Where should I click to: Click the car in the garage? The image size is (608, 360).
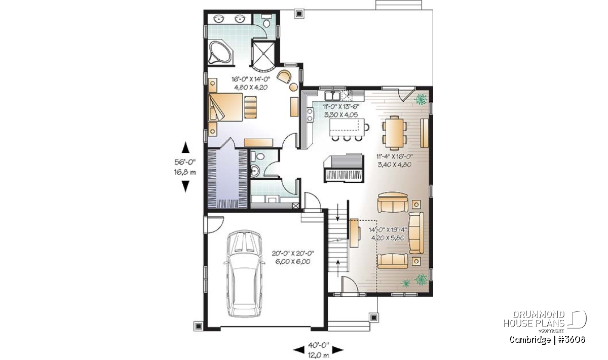(244, 274)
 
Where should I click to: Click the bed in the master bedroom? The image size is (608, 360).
(225, 107)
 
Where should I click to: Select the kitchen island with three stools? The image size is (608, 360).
(349, 130)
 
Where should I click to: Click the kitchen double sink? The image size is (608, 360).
(332, 96)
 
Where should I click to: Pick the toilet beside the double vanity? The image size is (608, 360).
(266, 21)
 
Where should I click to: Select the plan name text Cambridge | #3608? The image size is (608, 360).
(547, 339)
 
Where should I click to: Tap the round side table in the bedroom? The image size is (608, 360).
(293, 87)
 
